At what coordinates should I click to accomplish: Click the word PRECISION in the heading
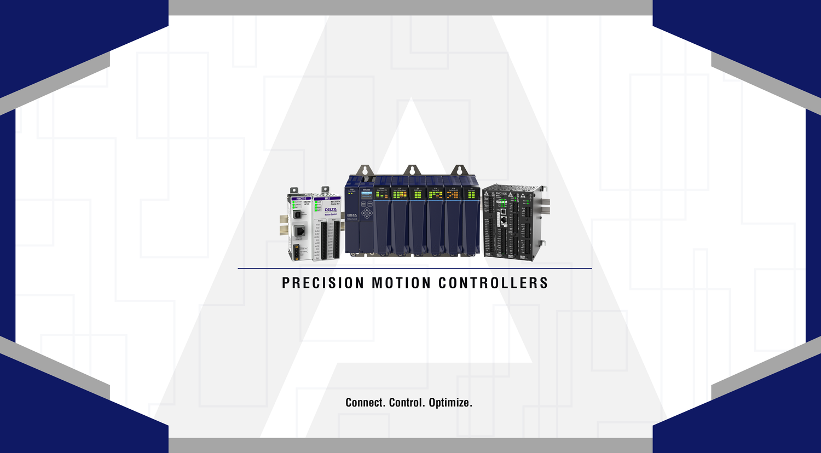pyautogui.click(x=323, y=283)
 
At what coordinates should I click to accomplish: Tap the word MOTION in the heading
pyautogui.click(x=401, y=283)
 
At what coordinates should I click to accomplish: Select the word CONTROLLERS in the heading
pyautogui.click(x=493, y=283)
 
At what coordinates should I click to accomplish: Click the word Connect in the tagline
pyautogui.click(x=365, y=403)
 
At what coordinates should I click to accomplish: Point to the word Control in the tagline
pyautogui.click(x=406, y=403)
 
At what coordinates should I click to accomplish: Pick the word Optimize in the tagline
pyautogui.click(x=450, y=403)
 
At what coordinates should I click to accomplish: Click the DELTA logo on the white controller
pyautogui.click(x=331, y=210)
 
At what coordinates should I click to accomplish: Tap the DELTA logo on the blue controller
pyautogui.click(x=352, y=215)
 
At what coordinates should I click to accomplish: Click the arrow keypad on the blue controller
pyautogui.click(x=367, y=213)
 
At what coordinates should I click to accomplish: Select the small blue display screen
pyautogui.click(x=367, y=195)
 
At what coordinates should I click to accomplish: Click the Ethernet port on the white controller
pyautogui.click(x=299, y=216)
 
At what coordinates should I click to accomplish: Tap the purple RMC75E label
pyautogui.click(x=300, y=198)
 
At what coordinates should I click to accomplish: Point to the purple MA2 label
pyautogui.click(x=327, y=198)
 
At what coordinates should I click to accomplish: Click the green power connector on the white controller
pyautogui.click(x=296, y=253)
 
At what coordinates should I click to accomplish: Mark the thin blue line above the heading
pyautogui.click(x=414, y=269)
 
